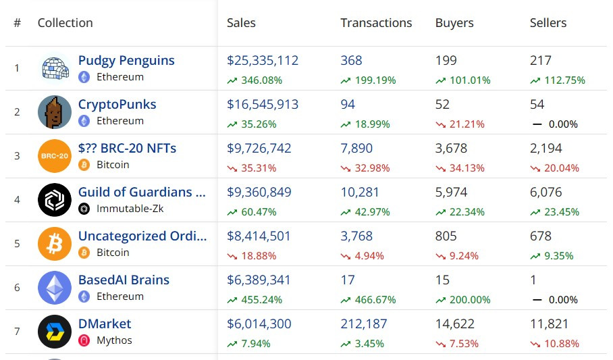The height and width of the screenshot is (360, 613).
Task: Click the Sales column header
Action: (241, 23)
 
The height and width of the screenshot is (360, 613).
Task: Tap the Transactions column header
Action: (376, 23)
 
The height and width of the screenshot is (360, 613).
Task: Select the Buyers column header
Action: (454, 23)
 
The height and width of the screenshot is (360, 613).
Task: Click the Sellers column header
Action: (548, 23)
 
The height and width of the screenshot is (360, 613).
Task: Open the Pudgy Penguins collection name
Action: (126, 61)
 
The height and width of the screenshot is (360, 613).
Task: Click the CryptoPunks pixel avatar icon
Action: (55, 112)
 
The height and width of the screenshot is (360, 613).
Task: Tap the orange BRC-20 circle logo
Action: (55, 156)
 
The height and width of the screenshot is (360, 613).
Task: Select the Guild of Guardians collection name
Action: (142, 192)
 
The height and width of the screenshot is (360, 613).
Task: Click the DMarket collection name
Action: (105, 324)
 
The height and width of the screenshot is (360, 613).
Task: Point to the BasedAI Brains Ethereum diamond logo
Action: (55, 288)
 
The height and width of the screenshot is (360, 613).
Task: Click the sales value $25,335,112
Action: (263, 61)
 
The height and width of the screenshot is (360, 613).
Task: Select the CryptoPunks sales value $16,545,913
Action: (263, 105)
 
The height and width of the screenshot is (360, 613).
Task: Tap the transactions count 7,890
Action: (356, 149)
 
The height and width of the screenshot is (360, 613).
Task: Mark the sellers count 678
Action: (541, 236)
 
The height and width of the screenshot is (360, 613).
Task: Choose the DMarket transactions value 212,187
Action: (364, 324)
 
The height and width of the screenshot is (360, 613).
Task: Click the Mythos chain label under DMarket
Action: (114, 340)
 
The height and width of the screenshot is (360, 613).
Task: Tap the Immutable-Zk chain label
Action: (130, 209)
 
